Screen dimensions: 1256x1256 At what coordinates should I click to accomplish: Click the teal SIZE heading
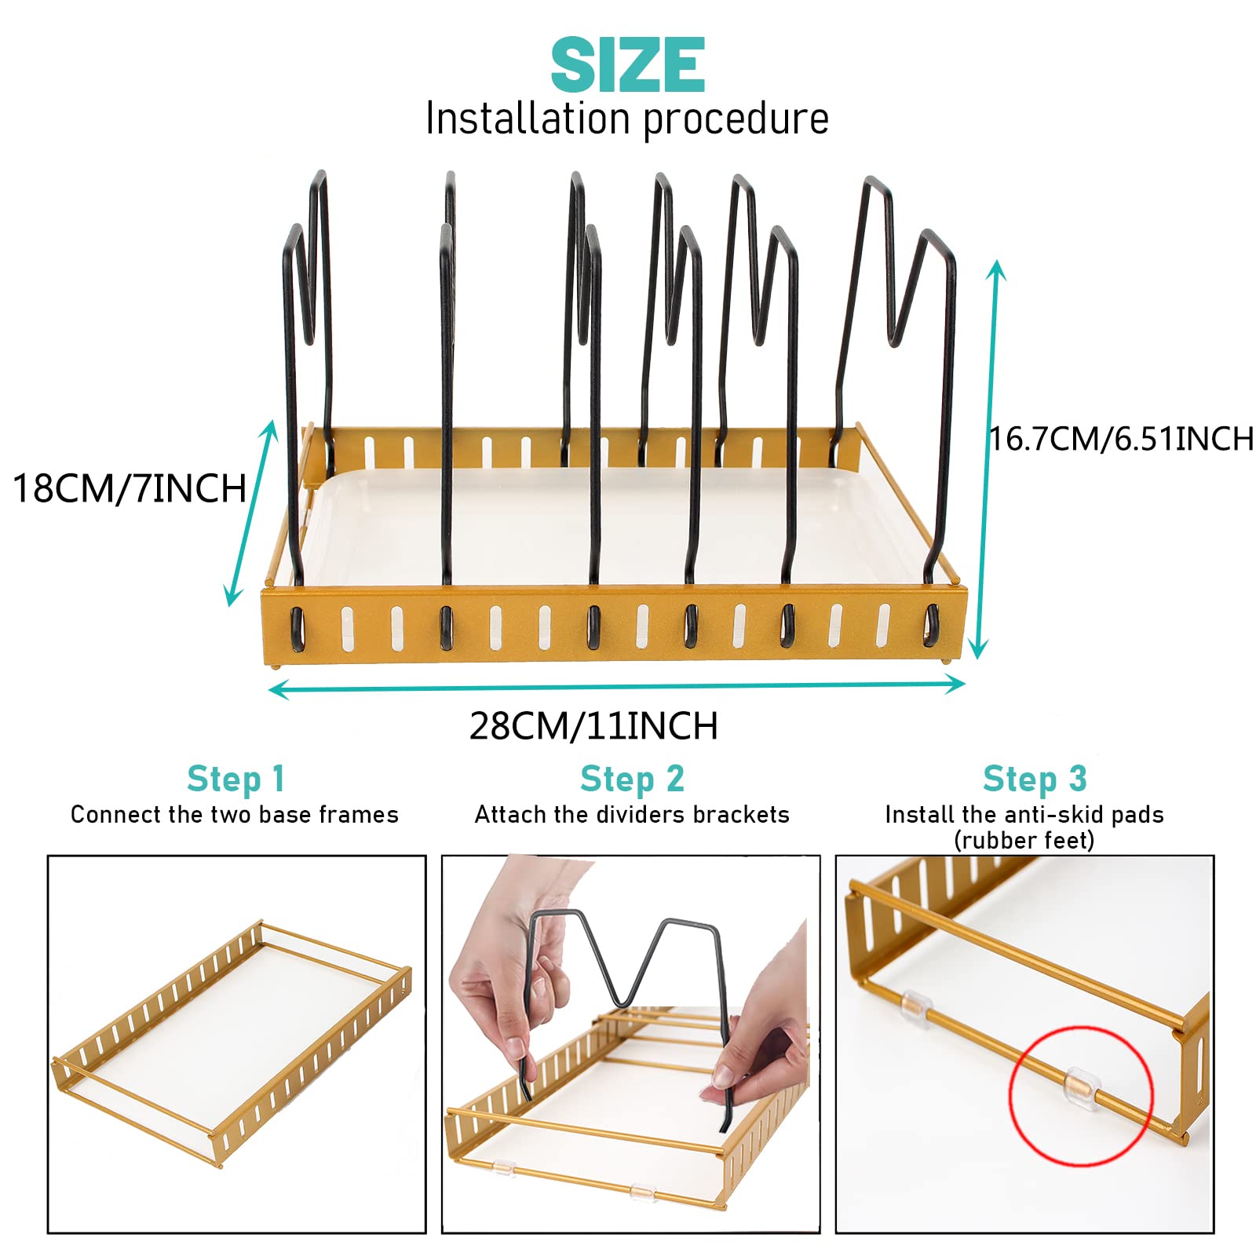tap(627, 65)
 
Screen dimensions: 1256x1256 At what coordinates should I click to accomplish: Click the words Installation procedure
tap(627, 119)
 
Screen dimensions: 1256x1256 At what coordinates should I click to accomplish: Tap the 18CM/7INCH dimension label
tap(130, 488)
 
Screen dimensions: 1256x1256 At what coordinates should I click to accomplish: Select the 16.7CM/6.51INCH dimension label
tap(1121, 439)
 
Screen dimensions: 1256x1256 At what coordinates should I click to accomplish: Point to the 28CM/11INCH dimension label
tap(593, 726)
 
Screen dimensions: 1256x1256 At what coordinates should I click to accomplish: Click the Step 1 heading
tap(235, 780)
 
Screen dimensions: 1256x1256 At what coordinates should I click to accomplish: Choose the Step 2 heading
tap(632, 780)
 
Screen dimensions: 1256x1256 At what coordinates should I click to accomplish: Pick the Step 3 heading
tap(1035, 780)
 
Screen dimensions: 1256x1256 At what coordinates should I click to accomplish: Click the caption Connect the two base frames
tap(235, 815)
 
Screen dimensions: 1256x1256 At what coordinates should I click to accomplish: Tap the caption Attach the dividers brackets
tap(632, 815)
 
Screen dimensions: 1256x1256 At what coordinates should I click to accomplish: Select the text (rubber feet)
tap(1024, 841)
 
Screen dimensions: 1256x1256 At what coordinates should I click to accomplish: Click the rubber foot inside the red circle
tap(1077, 1088)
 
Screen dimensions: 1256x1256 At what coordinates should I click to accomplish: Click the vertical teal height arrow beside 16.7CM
tap(987, 459)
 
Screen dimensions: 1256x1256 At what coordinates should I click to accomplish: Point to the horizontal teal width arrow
tap(616, 688)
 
